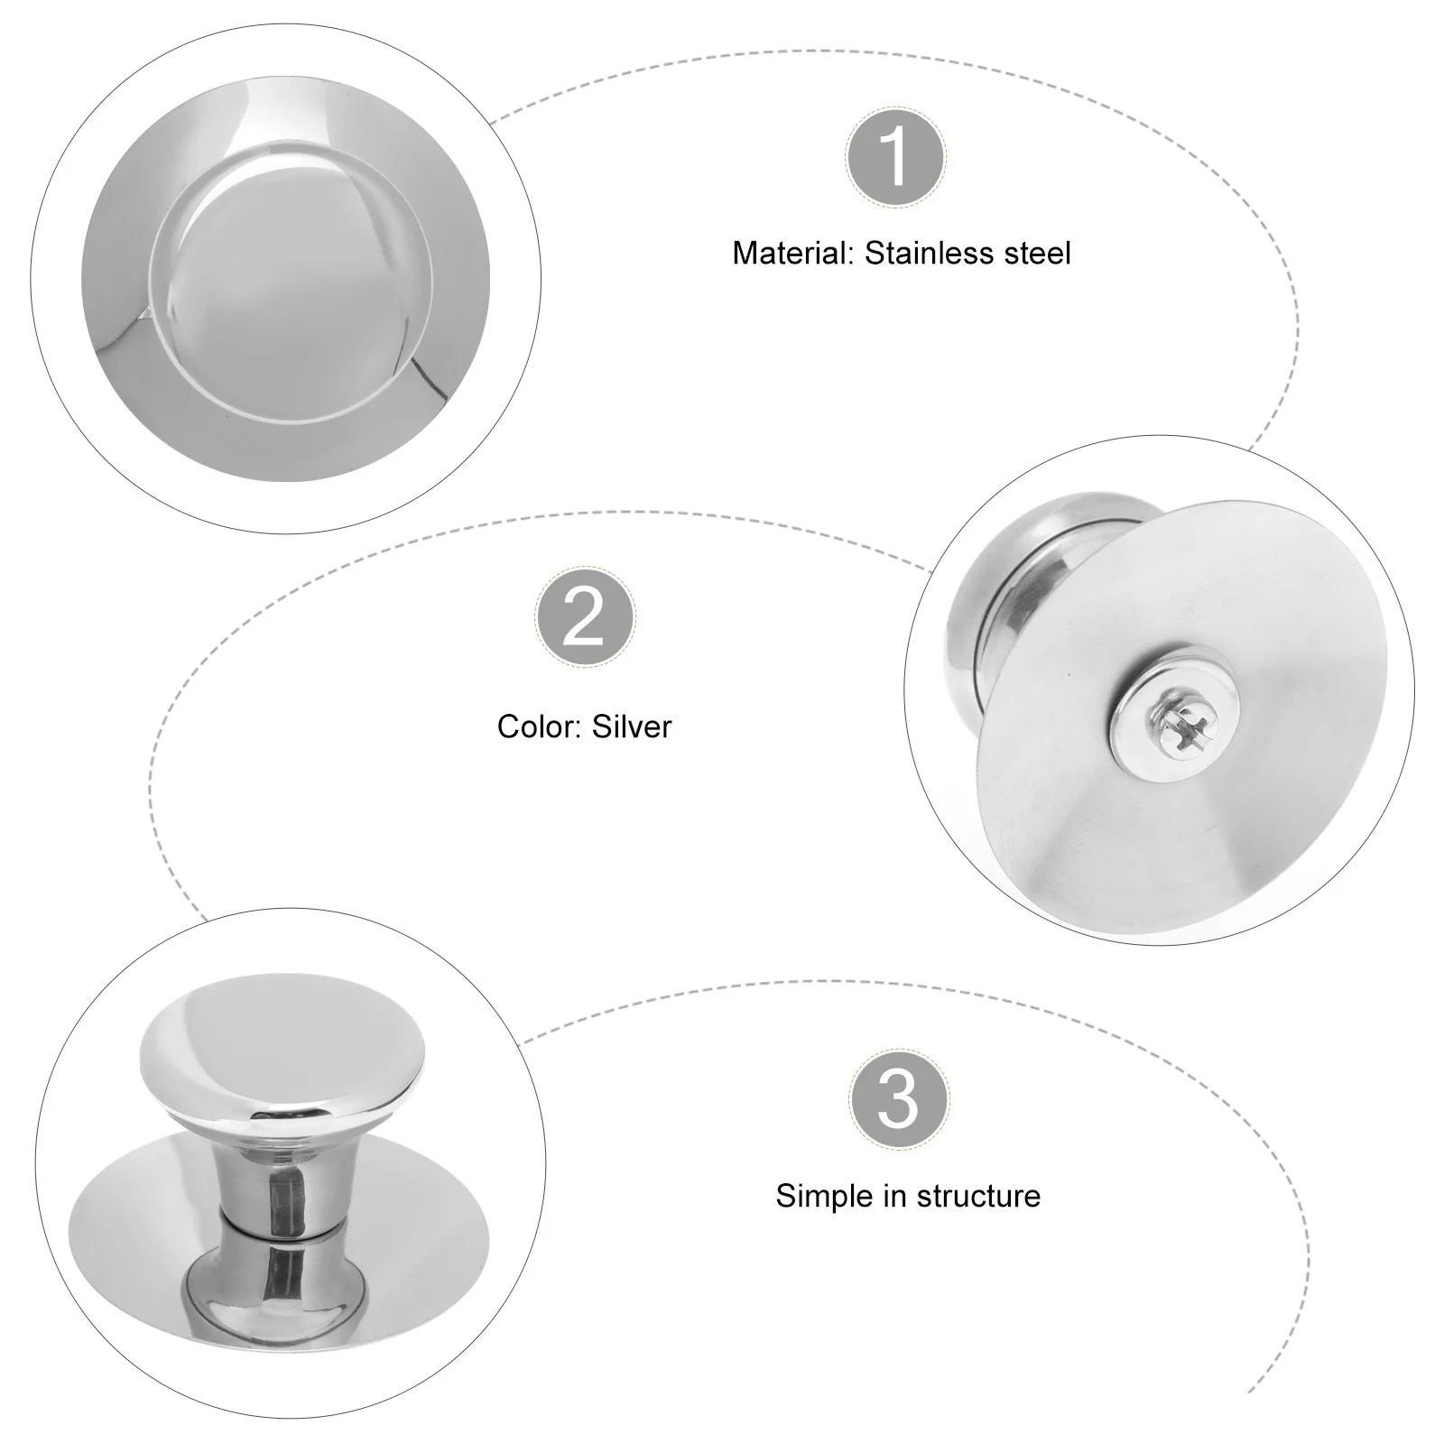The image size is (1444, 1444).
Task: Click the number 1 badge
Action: pyautogui.click(x=896, y=157)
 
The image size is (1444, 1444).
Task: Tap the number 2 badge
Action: pyautogui.click(x=585, y=616)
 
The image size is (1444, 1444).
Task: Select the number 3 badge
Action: pyautogui.click(x=898, y=1099)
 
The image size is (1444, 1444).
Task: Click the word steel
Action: pyautogui.click(x=1035, y=254)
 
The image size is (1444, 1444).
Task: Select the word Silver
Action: pyautogui.click(x=632, y=727)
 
